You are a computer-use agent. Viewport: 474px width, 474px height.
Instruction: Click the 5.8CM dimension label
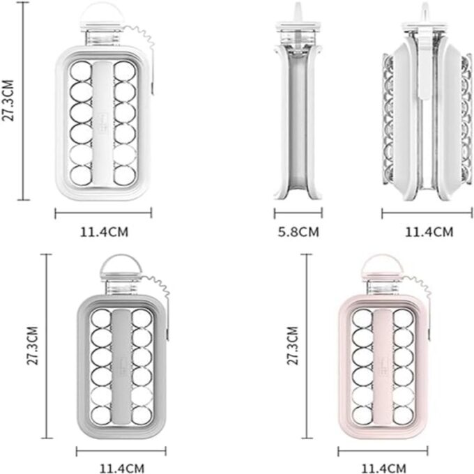(298, 232)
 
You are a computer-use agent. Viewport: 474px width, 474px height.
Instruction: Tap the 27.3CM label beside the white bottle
(8, 100)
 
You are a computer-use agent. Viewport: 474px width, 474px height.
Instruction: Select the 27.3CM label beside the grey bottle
(33, 346)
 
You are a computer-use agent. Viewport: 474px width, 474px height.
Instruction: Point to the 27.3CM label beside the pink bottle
(293, 346)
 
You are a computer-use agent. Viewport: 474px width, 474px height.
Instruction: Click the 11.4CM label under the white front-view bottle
(104, 232)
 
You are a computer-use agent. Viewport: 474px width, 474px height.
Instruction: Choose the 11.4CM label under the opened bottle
(429, 232)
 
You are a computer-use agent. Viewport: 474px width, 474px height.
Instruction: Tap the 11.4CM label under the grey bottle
(122, 468)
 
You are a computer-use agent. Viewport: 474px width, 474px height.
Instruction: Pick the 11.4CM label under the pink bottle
(383, 468)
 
